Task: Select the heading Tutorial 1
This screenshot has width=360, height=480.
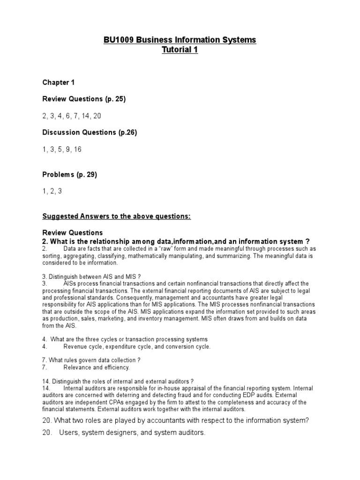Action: point(180,50)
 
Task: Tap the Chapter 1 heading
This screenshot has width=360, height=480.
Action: point(59,82)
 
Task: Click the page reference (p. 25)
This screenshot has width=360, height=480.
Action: point(115,99)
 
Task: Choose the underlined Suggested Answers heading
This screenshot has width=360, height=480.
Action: point(116,216)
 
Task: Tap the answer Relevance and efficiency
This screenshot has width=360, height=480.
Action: point(97,367)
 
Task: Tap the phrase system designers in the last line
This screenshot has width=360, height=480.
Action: point(104,433)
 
